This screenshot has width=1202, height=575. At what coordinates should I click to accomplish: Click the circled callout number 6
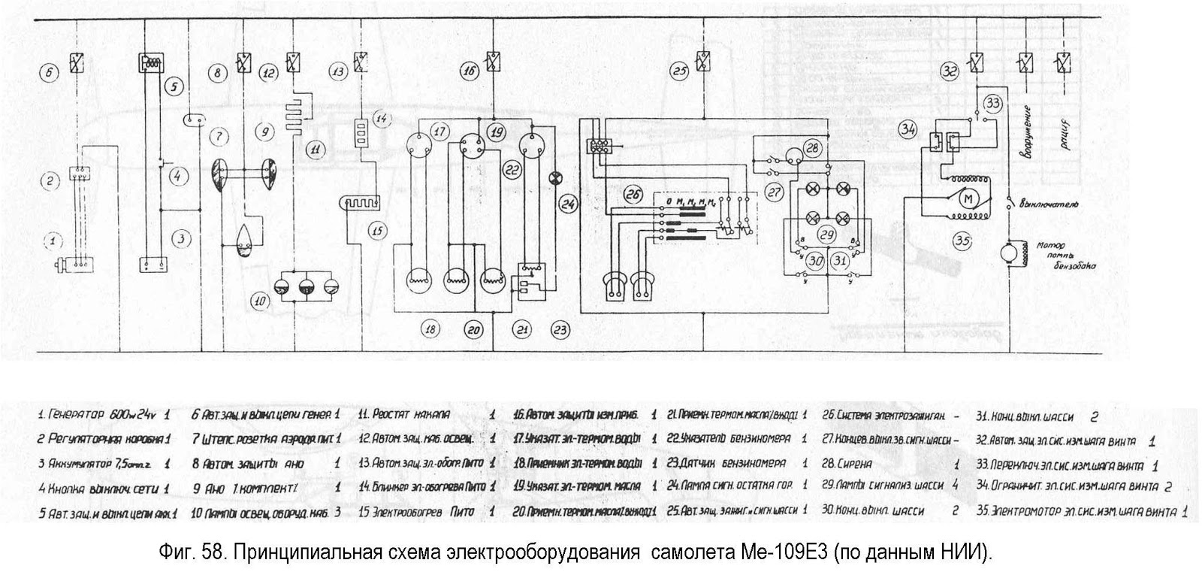pyautogui.click(x=48, y=73)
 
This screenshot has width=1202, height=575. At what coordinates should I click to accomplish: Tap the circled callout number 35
pyautogui.click(x=963, y=241)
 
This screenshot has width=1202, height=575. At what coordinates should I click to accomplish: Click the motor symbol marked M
pyautogui.click(x=968, y=198)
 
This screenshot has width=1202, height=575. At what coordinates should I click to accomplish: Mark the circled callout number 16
pyautogui.click(x=469, y=72)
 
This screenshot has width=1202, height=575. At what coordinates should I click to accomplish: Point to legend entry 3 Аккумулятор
pyautogui.click(x=95, y=464)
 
